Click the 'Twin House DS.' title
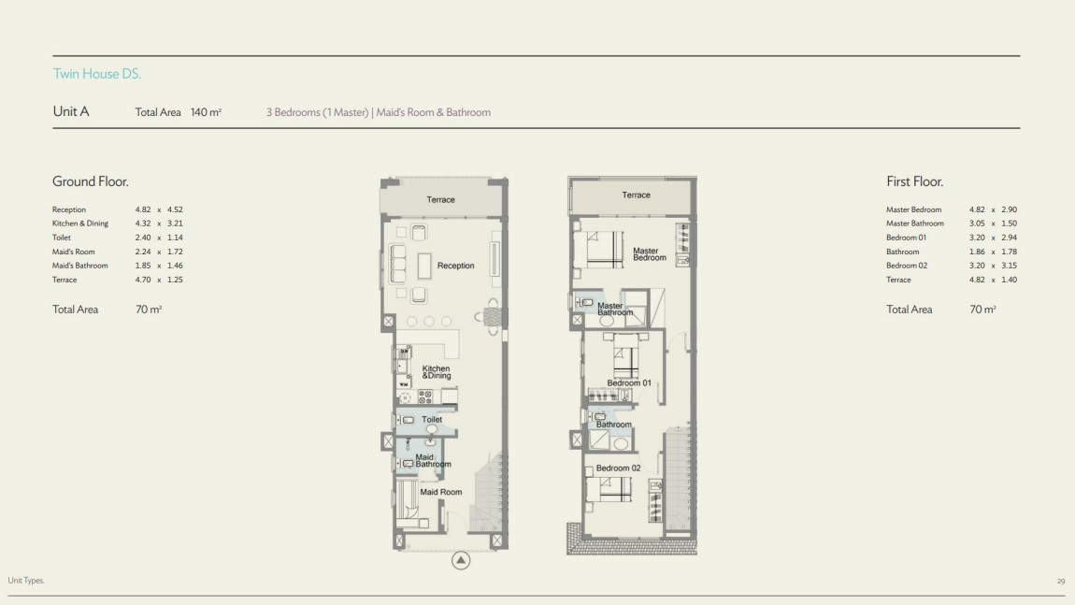pyautogui.click(x=96, y=74)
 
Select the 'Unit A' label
pyautogui.click(x=71, y=111)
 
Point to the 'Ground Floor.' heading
pyautogui.click(x=90, y=181)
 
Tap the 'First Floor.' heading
pyautogui.click(x=914, y=181)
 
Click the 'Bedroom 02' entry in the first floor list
pyautogui.click(x=907, y=266)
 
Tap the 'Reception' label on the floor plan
pyautogui.click(x=455, y=266)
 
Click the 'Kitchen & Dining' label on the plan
pyautogui.click(x=437, y=372)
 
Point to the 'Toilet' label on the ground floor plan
pyautogui.click(x=432, y=420)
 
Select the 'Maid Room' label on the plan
pyautogui.click(x=440, y=492)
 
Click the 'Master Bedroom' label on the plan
pyautogui.click(x=649, y=253)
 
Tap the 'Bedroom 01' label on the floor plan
pyautogui.click(x=629, y=382)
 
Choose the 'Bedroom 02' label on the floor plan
pyautogui.click(x=618, y=468)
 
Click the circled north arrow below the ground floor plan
pyautogui.click(x=461, y=560)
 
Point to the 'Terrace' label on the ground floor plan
pyautogui.click(x=440, y=199)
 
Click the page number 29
pyautogui.click(x=1061, y=581)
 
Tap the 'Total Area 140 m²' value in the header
pyautogui.click(x=178, y=112)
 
